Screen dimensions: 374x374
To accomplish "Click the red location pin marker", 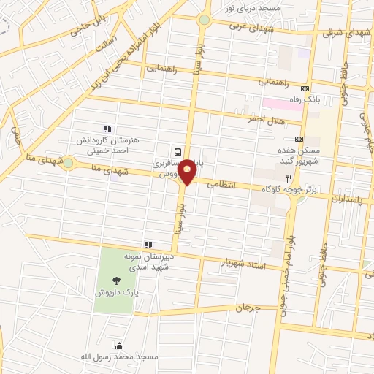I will pyautogui.click(x=188, y=172).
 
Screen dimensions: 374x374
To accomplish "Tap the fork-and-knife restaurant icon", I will pyautogui.click(x=289, y=178).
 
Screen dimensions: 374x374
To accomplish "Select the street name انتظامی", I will pyautogui.click(x=222, y=185).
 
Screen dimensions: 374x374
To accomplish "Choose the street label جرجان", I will pyautogui.click(x=247, y=308).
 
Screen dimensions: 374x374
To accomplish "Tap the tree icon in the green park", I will pyautogui.click(x=116, y=280).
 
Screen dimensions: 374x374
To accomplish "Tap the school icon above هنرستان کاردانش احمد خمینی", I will pyautogui.click(x=107, y=126).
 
